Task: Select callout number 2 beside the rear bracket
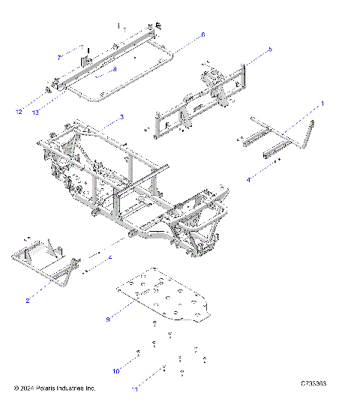27,300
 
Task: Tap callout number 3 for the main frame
122,118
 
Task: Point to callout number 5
270,49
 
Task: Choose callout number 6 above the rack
202,34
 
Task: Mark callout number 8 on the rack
114,69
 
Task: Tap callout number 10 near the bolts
115,370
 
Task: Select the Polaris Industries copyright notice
55,388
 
